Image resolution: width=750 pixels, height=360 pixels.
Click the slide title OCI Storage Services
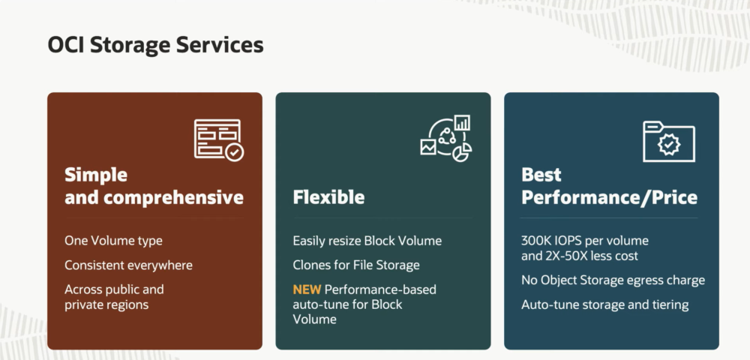[155, 45]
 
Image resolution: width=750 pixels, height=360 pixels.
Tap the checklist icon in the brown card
[218, 140]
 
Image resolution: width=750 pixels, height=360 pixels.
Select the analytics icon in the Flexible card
[446, 138]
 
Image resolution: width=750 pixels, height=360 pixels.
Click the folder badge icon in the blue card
[669, 142]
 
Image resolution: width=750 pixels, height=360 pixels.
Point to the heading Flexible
[328, 197]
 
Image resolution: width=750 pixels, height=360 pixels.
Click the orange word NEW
[307, 289]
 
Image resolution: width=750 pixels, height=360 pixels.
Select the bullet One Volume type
[113, 241]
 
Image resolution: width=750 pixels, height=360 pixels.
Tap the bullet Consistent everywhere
[128, 265]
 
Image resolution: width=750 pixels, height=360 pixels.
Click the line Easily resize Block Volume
[367, 241]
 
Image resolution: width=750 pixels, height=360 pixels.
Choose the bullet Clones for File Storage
[355, 265]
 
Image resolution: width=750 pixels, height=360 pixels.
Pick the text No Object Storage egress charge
[613, 280]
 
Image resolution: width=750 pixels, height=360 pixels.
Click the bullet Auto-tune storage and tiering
[604, 304]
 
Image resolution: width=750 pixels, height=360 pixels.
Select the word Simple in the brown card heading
[96, 175]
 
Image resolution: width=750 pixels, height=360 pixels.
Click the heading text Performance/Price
[609, 197]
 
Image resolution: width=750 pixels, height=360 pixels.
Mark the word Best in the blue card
[541, 175]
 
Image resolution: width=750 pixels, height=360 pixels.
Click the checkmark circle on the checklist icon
[234, 152]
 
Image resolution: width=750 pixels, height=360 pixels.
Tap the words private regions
[106, 304]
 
